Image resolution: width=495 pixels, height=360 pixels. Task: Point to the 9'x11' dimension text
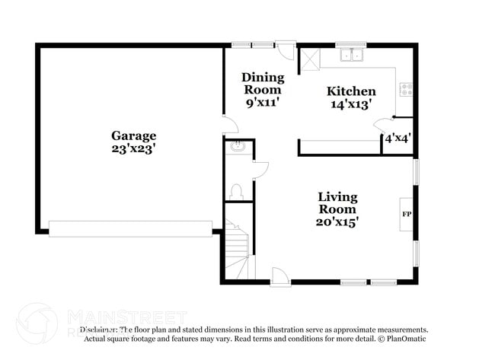tap(263, 103)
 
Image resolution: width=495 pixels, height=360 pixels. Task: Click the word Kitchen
tap(351, 91)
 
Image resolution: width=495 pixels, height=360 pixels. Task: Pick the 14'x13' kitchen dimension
tap(351, 105)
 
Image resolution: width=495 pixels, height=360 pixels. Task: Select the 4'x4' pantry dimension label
tap(398, 139)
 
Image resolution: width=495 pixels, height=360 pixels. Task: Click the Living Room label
tap(337, 203)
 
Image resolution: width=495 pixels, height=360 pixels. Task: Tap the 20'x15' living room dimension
tap(337, 222)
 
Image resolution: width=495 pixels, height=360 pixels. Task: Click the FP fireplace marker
tap(406, 215)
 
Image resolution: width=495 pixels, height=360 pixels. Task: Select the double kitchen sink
tap(352, 55)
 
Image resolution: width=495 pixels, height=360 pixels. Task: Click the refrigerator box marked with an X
tap(309, 59)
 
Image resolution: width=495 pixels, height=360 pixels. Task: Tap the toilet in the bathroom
tap(236, 190)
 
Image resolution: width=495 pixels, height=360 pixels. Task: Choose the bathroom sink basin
tap(236, 147)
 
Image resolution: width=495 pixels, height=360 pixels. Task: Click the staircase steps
tap(238, 244)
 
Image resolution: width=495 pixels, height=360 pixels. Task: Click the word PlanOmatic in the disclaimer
tap(408, 338)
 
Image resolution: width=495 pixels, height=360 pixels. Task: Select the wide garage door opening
tap(130, 228)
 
